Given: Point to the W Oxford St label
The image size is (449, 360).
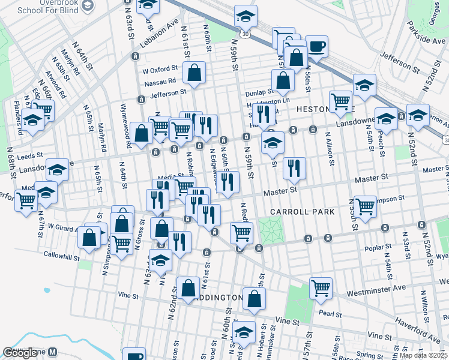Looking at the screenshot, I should click(x=160, y=69).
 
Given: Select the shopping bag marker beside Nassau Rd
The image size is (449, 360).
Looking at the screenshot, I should click(x=194, y=73).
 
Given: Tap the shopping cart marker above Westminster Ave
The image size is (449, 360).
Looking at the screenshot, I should click(x=321, y=287).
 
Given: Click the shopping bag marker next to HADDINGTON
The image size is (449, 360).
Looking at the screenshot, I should click(x=255, y=298).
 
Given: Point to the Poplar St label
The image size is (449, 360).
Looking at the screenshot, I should click(x=379, y=246).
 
